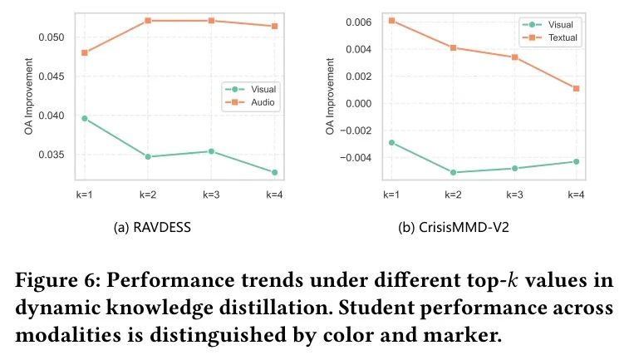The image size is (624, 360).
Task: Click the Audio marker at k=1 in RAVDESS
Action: pyautogui.click(x=84, y=52)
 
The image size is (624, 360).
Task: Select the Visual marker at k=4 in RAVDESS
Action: pyautogui.click(x=273, y=172)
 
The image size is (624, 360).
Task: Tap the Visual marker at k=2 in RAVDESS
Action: pyautogui.click(x=147, y=156)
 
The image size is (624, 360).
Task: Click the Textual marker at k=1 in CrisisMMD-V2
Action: pyautogui.click(x=391, y=20)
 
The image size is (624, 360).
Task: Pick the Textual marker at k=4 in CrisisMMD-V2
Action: pyautogui.click(x=576, y=88)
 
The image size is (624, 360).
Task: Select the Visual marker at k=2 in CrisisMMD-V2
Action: pyautogui.click(x=453, y=172)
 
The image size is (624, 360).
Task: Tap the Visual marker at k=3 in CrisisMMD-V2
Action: pyautogui.click(x=514, y=168)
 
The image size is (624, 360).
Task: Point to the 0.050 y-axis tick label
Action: pyautogui.click(x=52, y=37)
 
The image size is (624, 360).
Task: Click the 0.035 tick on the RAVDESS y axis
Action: pyautogui.click(x=52, y=155)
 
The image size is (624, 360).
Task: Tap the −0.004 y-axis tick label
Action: pyautogui.click(x=357, y=157)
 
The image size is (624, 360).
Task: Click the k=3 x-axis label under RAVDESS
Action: pyautogui.click(x=210, y=195)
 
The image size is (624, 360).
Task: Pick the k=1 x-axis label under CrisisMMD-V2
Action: pyautogui.click(x=391, y=195)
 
